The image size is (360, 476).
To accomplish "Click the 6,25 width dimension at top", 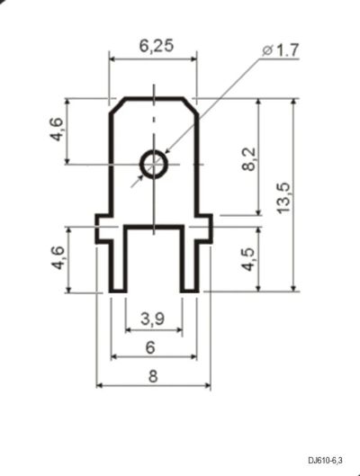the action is coord(157,46).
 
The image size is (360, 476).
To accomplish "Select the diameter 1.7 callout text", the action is coord(281,50).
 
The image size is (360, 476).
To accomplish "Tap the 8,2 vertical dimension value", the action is coord(250,159).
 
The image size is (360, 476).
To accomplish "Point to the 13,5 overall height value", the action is coord(284,198).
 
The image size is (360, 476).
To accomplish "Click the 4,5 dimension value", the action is coord(248,259).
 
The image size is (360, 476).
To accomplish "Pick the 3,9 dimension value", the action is coord(153,319).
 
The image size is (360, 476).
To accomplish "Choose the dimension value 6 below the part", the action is coord(150,347).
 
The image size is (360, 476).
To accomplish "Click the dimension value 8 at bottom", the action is coord(153,376).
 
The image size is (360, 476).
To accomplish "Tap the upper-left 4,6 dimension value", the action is coord(57,129).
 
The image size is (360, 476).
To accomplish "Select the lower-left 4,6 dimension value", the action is coord(58,257).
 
